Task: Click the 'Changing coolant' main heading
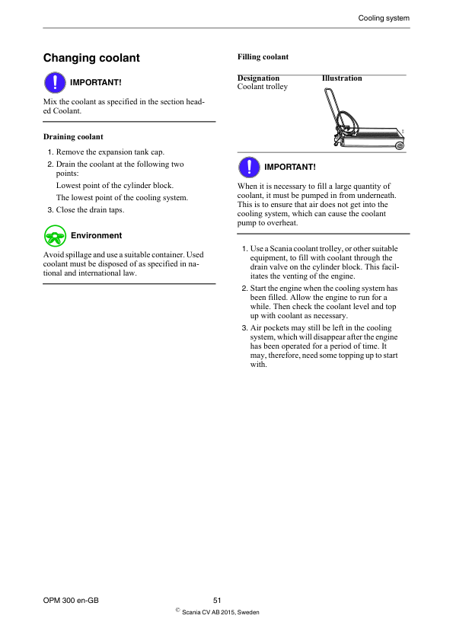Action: click(91, 58)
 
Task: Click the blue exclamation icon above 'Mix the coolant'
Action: click(54, 81)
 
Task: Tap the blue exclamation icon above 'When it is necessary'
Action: click(248, 167)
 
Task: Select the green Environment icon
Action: click(54, 235)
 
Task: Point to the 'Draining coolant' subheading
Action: click(73, 137)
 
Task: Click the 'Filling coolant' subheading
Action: click(263, 57)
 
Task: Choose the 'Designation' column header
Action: click(258, 78)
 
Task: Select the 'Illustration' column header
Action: click(342, 78)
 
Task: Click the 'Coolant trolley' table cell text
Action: click(263, 87)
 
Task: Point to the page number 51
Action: click(217, 601)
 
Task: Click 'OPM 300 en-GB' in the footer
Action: click(72, 601)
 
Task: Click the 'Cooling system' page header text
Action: click(384, 18)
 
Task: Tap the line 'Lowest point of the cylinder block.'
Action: click(115, 186)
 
